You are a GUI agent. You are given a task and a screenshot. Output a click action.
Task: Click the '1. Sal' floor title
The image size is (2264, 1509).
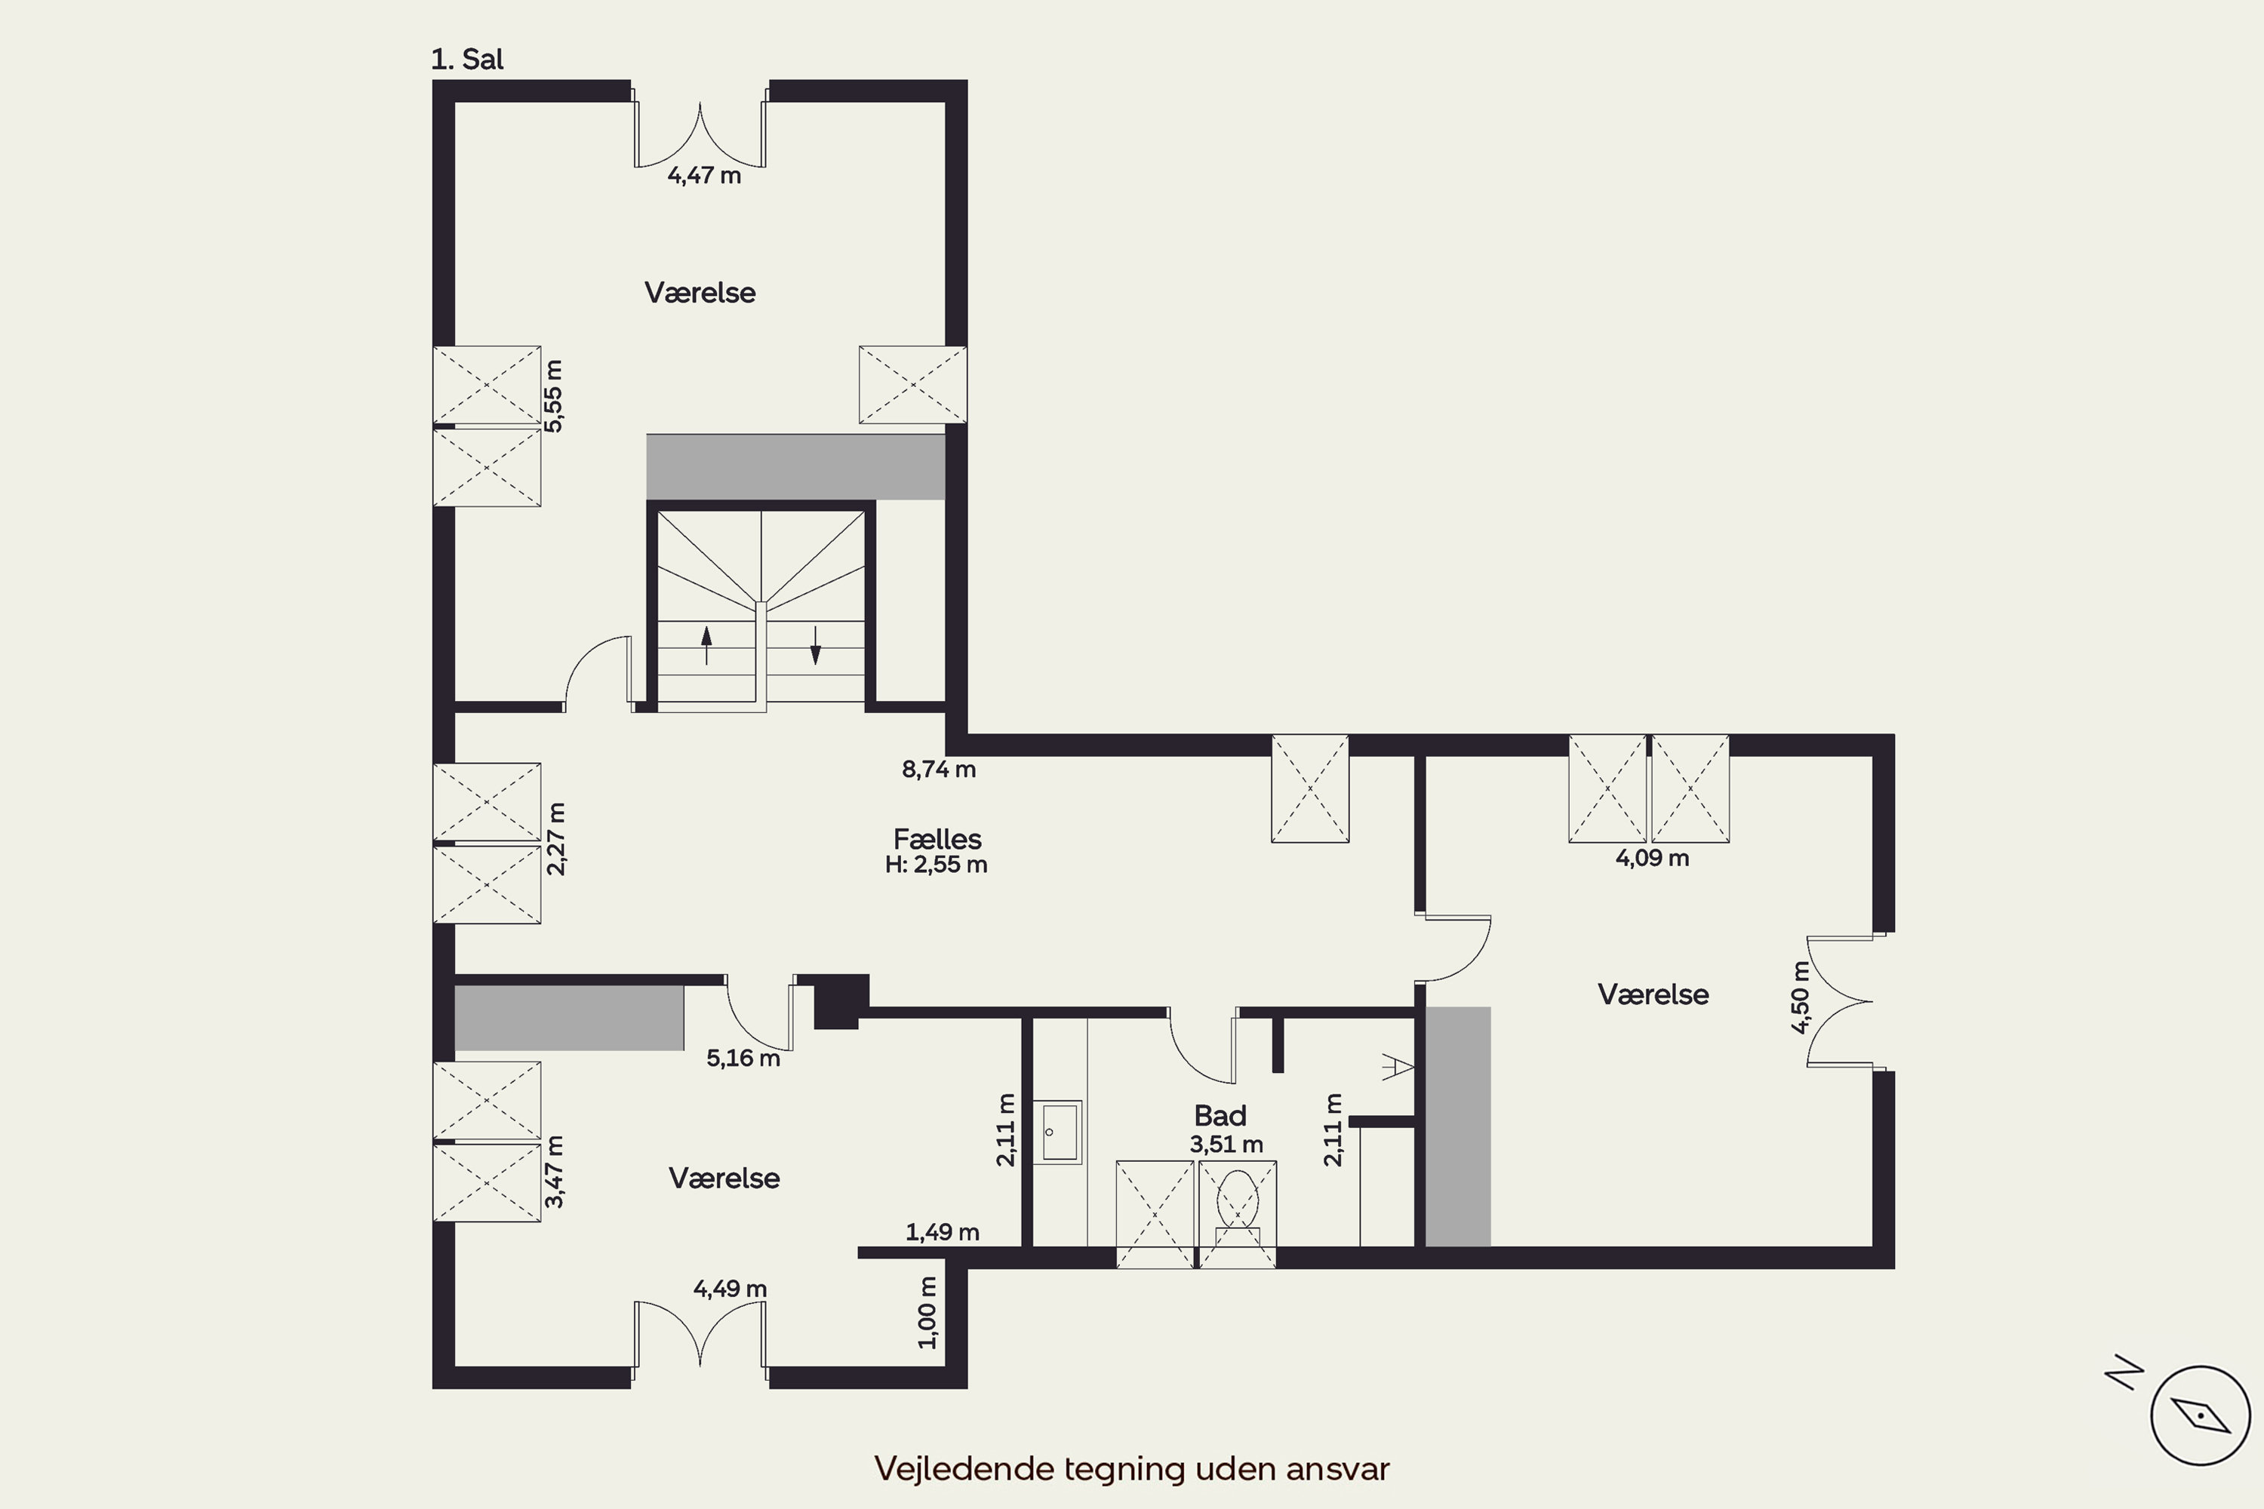[467, 60]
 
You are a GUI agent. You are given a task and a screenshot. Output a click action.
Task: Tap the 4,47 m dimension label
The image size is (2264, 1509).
[705, 175]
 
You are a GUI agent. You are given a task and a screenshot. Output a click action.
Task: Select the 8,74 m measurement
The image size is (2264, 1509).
[939, 769]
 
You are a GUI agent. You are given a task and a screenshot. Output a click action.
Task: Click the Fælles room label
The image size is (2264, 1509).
[937, 839]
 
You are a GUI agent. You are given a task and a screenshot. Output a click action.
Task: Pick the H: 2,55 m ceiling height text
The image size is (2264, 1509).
[936, 864]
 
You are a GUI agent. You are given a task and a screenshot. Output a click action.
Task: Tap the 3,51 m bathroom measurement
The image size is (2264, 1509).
[1226, 1145]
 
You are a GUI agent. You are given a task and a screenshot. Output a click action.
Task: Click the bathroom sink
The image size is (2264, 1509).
[1059, 1132]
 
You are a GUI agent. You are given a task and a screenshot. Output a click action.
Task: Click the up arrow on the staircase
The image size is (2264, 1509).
[706, 645]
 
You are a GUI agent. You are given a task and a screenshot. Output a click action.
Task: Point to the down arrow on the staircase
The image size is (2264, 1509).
[815, 645]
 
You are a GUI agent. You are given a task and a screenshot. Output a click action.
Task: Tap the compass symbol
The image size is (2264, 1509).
[2201, 1415]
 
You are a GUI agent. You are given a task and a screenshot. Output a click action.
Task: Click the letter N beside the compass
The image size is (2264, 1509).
[2124, 1373]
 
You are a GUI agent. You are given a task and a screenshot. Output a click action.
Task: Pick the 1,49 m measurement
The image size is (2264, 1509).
[943, 1232]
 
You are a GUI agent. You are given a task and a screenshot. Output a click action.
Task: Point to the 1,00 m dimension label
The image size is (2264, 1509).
[927, 1313]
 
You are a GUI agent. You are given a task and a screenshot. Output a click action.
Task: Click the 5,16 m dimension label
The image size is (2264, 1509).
[743, 1058]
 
